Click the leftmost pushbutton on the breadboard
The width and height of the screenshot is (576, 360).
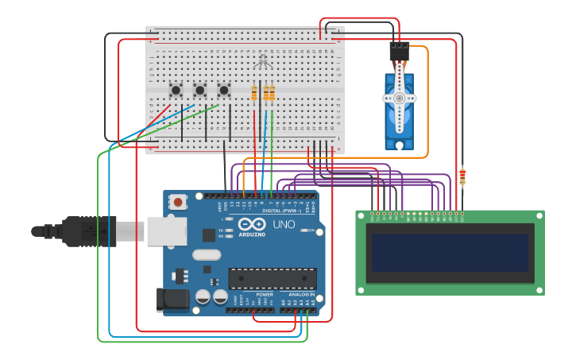tap(176, 89)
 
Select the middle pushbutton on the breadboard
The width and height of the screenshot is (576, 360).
tap(200, 89)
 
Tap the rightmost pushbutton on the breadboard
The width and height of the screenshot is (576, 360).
tap(224, 89)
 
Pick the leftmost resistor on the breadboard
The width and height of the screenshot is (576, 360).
tap(254, 94)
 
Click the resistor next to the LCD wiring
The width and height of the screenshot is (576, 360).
tap(462, 176)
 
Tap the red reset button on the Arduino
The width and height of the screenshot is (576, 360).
tap(178, 203)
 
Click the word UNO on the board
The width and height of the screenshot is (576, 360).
tap(284, 225)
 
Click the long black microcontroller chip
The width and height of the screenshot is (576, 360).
tap(273, 278)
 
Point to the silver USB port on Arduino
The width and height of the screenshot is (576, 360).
tap(166, 230)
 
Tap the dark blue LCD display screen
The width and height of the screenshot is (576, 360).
tap(450, 253)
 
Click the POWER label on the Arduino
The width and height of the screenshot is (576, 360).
tap(265, 294)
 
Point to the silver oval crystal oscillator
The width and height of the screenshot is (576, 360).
tap(206, 255)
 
